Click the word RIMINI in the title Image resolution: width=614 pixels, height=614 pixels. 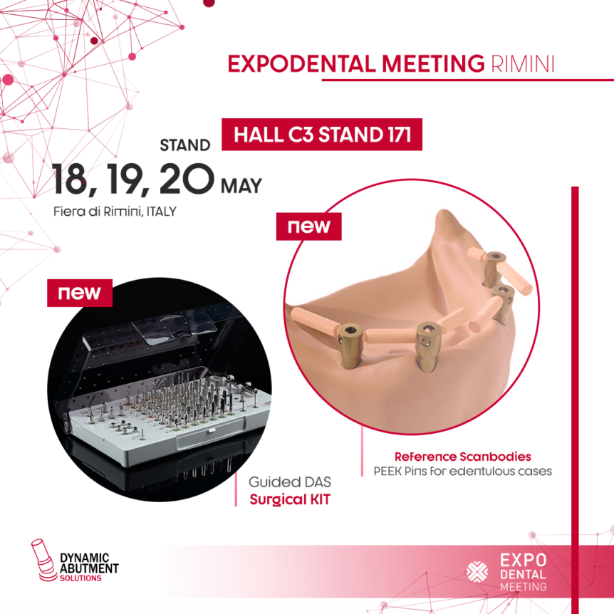[x=522, y=64]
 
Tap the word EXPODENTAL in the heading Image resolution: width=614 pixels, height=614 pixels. [x=301, y=64]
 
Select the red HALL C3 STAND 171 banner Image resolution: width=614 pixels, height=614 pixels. [x=322, y=135]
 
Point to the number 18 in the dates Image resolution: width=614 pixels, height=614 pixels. [x=70, y=179]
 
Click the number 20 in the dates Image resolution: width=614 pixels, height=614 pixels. [x=187, y=179]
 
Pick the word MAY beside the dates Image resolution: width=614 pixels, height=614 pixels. [x=241, y=186]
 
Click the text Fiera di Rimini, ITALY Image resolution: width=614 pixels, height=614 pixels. [x=115, y=212]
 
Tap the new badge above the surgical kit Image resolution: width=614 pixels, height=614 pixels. [x=80, y=293]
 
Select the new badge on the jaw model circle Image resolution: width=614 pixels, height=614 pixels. [x=309, y=227]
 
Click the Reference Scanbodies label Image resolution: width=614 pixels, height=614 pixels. [x=462, y=457]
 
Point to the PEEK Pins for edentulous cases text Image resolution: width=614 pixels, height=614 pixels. [x=462, y=471]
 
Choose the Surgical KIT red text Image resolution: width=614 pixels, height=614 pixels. [x=290, y=499]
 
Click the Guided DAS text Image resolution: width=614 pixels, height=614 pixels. [x=290, y=482]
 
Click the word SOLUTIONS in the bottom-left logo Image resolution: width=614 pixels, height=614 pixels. [x=80, y=578]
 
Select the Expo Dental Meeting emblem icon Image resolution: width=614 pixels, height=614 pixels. [x=478, y=572]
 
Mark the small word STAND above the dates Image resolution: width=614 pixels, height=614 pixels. [x=185, y=145]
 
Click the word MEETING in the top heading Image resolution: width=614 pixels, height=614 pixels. [x=433, y=64]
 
